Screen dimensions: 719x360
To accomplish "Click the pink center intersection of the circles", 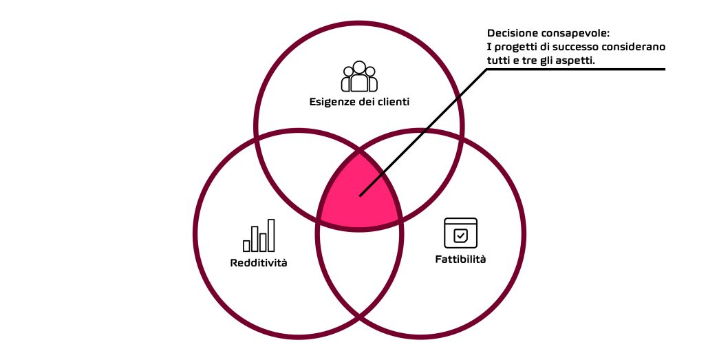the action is pos(359,193).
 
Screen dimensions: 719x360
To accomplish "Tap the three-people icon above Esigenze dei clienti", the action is pos(359,76).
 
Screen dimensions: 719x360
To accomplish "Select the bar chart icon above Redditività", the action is pos(259,235).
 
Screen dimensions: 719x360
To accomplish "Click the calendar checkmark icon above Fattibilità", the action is pos(460,233).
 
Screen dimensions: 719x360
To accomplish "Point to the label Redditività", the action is pos(259,263).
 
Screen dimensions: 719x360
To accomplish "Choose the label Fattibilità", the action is pos(460,259).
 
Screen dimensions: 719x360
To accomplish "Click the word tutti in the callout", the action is pos(497,61).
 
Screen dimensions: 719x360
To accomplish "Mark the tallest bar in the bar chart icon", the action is pos(271,235).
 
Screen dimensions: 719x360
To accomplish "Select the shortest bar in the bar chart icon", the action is pos(247,246).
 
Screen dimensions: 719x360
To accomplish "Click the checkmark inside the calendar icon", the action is pos(460,235).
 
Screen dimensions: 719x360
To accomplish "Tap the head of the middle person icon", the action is pos(359,67).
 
